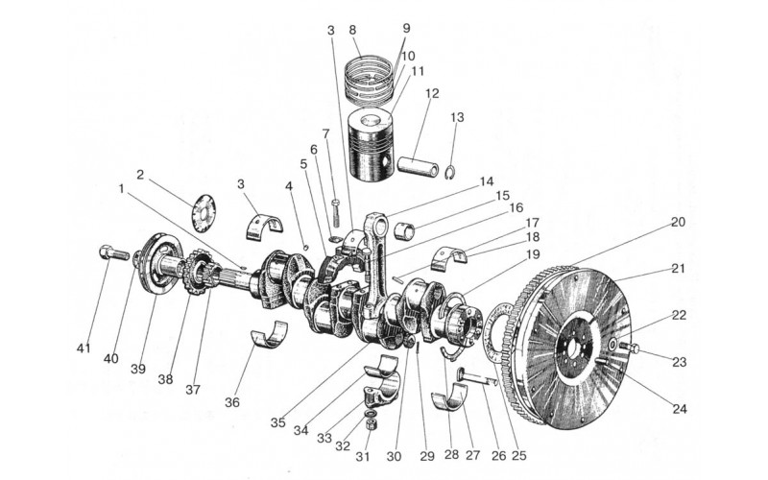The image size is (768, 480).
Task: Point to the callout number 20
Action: [x=678, y=222]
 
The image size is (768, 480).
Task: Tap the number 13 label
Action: [x=456, y=117]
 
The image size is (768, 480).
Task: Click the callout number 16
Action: [x=516, y=208]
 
